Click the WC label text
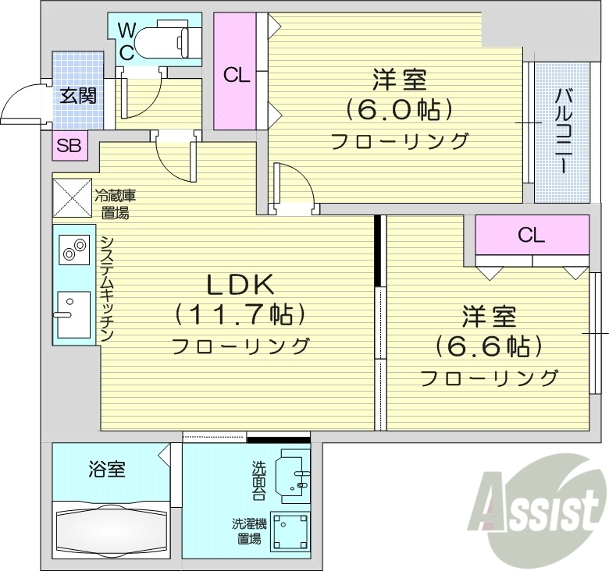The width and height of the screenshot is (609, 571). [x=126, y=41]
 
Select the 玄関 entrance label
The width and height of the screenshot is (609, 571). [x=78, y=97]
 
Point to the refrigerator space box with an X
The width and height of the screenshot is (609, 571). [x=72, y=197]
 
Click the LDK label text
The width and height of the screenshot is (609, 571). [x=239, y=282]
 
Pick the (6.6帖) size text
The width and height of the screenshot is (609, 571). [x=490, y=345]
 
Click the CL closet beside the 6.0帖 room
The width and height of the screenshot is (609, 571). [x=236, y=75]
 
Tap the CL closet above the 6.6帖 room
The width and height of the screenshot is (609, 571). [x=532, y=236]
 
